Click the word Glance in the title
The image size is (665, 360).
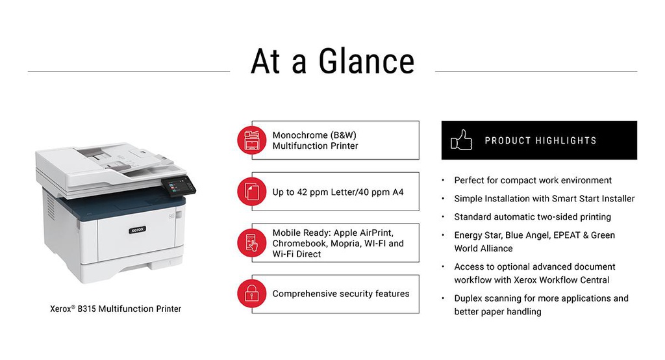366,61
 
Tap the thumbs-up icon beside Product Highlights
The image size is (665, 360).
462,140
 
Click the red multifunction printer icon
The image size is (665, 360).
252,140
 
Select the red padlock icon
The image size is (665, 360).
252,293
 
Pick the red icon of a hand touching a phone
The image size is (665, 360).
252,243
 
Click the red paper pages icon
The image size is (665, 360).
252,192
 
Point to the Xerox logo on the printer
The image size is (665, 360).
138,229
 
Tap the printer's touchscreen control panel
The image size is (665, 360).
179,186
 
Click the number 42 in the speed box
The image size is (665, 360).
302,192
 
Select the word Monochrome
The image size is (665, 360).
300,135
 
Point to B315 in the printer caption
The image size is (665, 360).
86,309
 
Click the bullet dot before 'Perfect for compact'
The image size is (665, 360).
443,181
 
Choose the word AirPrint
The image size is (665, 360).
377,233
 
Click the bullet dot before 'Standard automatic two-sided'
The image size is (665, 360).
443,217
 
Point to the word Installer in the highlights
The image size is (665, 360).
618,199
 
